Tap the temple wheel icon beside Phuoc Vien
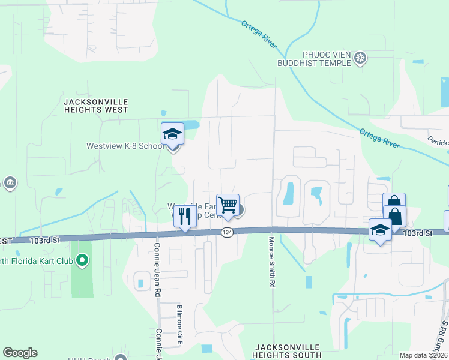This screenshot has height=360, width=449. (360, 58)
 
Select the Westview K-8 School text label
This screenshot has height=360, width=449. (125, 146)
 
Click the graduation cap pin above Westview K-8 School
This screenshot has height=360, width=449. (172, 135)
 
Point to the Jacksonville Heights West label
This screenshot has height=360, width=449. (95, 106)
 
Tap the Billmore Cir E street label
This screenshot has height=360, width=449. (179, 326)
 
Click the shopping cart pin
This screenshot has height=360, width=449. (228, 205)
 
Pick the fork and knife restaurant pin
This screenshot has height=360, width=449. (185, 216)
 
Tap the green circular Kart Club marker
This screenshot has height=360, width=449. (83, 260)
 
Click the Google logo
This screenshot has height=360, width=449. (20, 353)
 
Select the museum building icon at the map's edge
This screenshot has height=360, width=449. (10, 182)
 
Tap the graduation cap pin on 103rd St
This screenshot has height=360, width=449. (380, 230)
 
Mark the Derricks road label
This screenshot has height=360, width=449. (438, 142)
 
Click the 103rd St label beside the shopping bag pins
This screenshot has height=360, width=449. (418, 233)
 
